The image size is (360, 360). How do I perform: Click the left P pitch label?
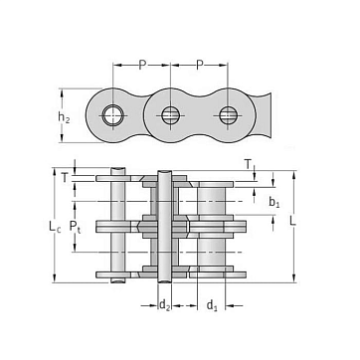pos(142,65)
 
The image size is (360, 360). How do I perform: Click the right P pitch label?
pos(199,65)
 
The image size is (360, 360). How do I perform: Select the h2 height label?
pos(64,117)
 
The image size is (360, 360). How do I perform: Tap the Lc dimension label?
pos(55,227)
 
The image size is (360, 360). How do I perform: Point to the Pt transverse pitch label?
pos(75,227)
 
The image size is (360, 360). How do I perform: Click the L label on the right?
pos(292,221)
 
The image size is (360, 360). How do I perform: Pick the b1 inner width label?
pos(273,202)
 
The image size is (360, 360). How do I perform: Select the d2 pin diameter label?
pos(164,305)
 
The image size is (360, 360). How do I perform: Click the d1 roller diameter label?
pos(212,305)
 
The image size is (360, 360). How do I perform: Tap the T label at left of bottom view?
pos(65,178)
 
